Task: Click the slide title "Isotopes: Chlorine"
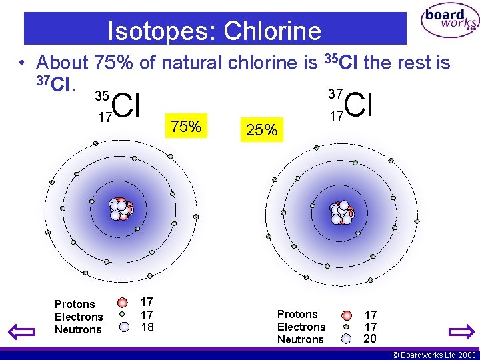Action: [215, 31]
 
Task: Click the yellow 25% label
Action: [261, 130]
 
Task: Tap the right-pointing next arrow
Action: [461, 331]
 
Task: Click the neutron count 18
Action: [147, 327]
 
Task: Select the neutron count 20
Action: [370, 338]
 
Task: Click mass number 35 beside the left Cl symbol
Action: [102, 97]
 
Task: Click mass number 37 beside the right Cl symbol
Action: [337, 94]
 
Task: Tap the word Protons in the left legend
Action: [75, 305]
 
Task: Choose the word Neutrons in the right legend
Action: [300, 339]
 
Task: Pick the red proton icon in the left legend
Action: [123, 303]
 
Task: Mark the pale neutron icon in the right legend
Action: [346, 339]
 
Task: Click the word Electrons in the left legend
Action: [79, 317]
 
